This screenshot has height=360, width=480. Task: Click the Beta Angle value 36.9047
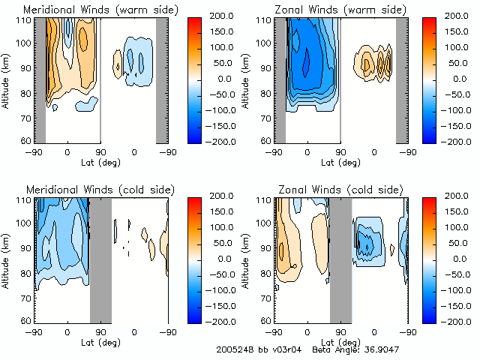click(x=374, y=350)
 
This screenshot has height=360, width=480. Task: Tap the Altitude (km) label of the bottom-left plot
click(x=6, y=258)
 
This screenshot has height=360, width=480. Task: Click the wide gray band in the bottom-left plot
click(x=100, y=258)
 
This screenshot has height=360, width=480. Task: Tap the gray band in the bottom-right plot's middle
click(x=340, y=258)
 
